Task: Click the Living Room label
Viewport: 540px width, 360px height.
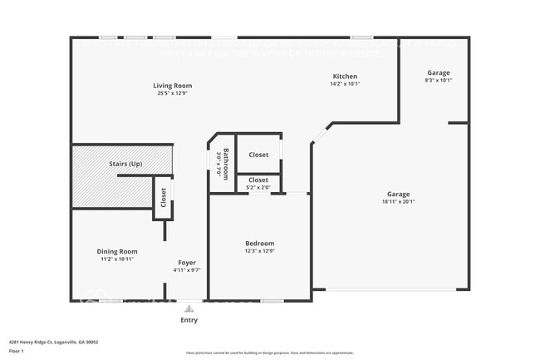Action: pyautogui.click(x=173, y=86)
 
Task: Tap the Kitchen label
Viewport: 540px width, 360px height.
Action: pyautogui.click(x=345, y=76)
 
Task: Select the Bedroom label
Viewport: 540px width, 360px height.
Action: pyautogui.click(x=259, y=243)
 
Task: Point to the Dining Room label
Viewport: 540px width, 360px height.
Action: pyautogui.click(x=117, y=251)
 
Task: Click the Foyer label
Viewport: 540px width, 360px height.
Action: pyautogui.click(x=187, y=262)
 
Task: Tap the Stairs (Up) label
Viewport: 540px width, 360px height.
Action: pyautogui.click(x=125, y=164)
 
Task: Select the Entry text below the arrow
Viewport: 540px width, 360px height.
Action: pyautogui.click(x=189, y=320)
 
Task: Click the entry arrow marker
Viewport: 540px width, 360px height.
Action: pyautogui.click(x=189, y=308)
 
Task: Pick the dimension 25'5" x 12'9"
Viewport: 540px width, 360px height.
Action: pyautogui.click(x=173, y=93)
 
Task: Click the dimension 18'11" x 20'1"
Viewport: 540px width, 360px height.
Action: pyautogui.click(x=398, y=201)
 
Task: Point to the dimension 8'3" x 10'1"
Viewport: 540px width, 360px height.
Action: pyautogui.click(x=438, y=81)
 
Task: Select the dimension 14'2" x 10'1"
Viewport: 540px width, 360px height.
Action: pyautogui.click(x=345, y=83)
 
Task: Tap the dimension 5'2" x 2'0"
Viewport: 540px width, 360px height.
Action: pyautogui.click(x=258, y=187)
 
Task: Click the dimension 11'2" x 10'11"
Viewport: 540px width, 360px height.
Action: pyautogui.click(x=117, y=259)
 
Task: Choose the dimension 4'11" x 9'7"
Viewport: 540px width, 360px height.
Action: pyautogui.click(x=187, y=269)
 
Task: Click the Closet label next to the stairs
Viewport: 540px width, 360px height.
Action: pyautogui.click(x=163, y=197)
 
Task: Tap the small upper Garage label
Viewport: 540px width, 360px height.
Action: pyautogui.click(x=438, y=73)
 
